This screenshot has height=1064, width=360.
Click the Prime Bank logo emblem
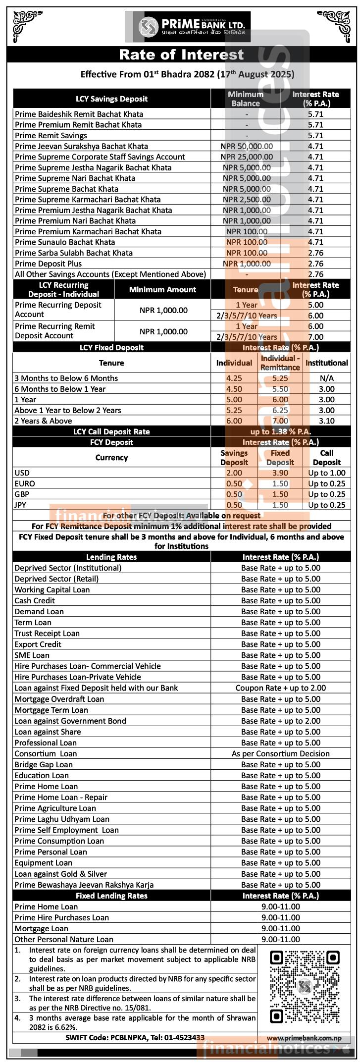[x=148, y=27]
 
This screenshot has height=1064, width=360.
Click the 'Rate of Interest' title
[x=181, y=54]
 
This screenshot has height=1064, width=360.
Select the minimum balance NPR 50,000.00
[x=247, y=146]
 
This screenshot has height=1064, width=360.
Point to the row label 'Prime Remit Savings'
[x=51, y=135]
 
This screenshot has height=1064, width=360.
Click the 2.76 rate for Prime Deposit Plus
[x=315, y=264]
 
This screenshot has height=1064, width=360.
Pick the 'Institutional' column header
[x=326, y=363]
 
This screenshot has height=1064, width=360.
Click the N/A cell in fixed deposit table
[x=326, y=378]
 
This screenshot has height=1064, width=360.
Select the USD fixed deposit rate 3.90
[x=280, y=473]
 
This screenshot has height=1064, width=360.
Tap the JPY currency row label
[x=22, y=505]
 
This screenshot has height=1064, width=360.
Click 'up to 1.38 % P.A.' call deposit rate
[x=280, y=431]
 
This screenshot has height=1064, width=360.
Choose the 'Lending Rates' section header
[x=111, y=557]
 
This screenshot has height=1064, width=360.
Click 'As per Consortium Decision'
[x=280, y=753]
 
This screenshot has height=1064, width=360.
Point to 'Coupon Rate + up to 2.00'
[x=280, y=688]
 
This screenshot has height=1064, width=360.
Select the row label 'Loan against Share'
[x=48, y=732]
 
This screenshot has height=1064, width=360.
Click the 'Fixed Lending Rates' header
[x=111, y=896]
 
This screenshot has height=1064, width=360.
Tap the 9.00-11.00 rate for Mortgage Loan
[x=280, y=928]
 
